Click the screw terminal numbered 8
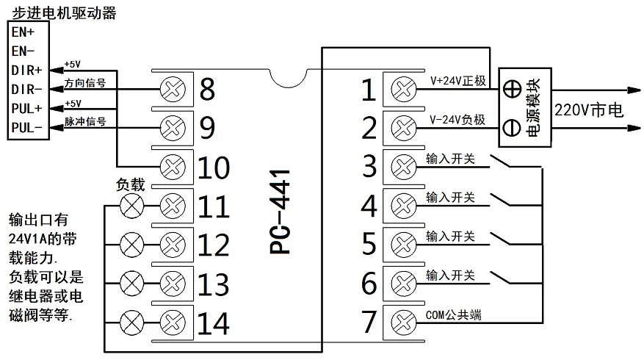[x=170, y=90]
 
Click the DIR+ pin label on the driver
[x=27, y=70]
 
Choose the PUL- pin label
[x=27, y=128]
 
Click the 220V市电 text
[x=589, y=110]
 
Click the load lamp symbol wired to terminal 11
[x=132, y=205]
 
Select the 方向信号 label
[x=85, y=83]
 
